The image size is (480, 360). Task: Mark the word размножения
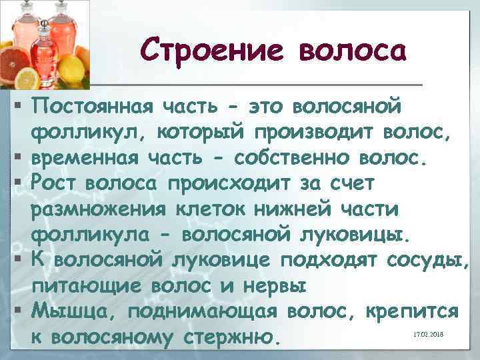pos(96,209)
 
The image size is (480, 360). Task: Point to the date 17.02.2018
pos(427,333)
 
